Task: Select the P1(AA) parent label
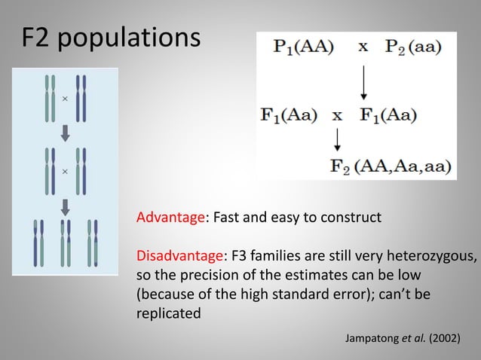tap(299, 47)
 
